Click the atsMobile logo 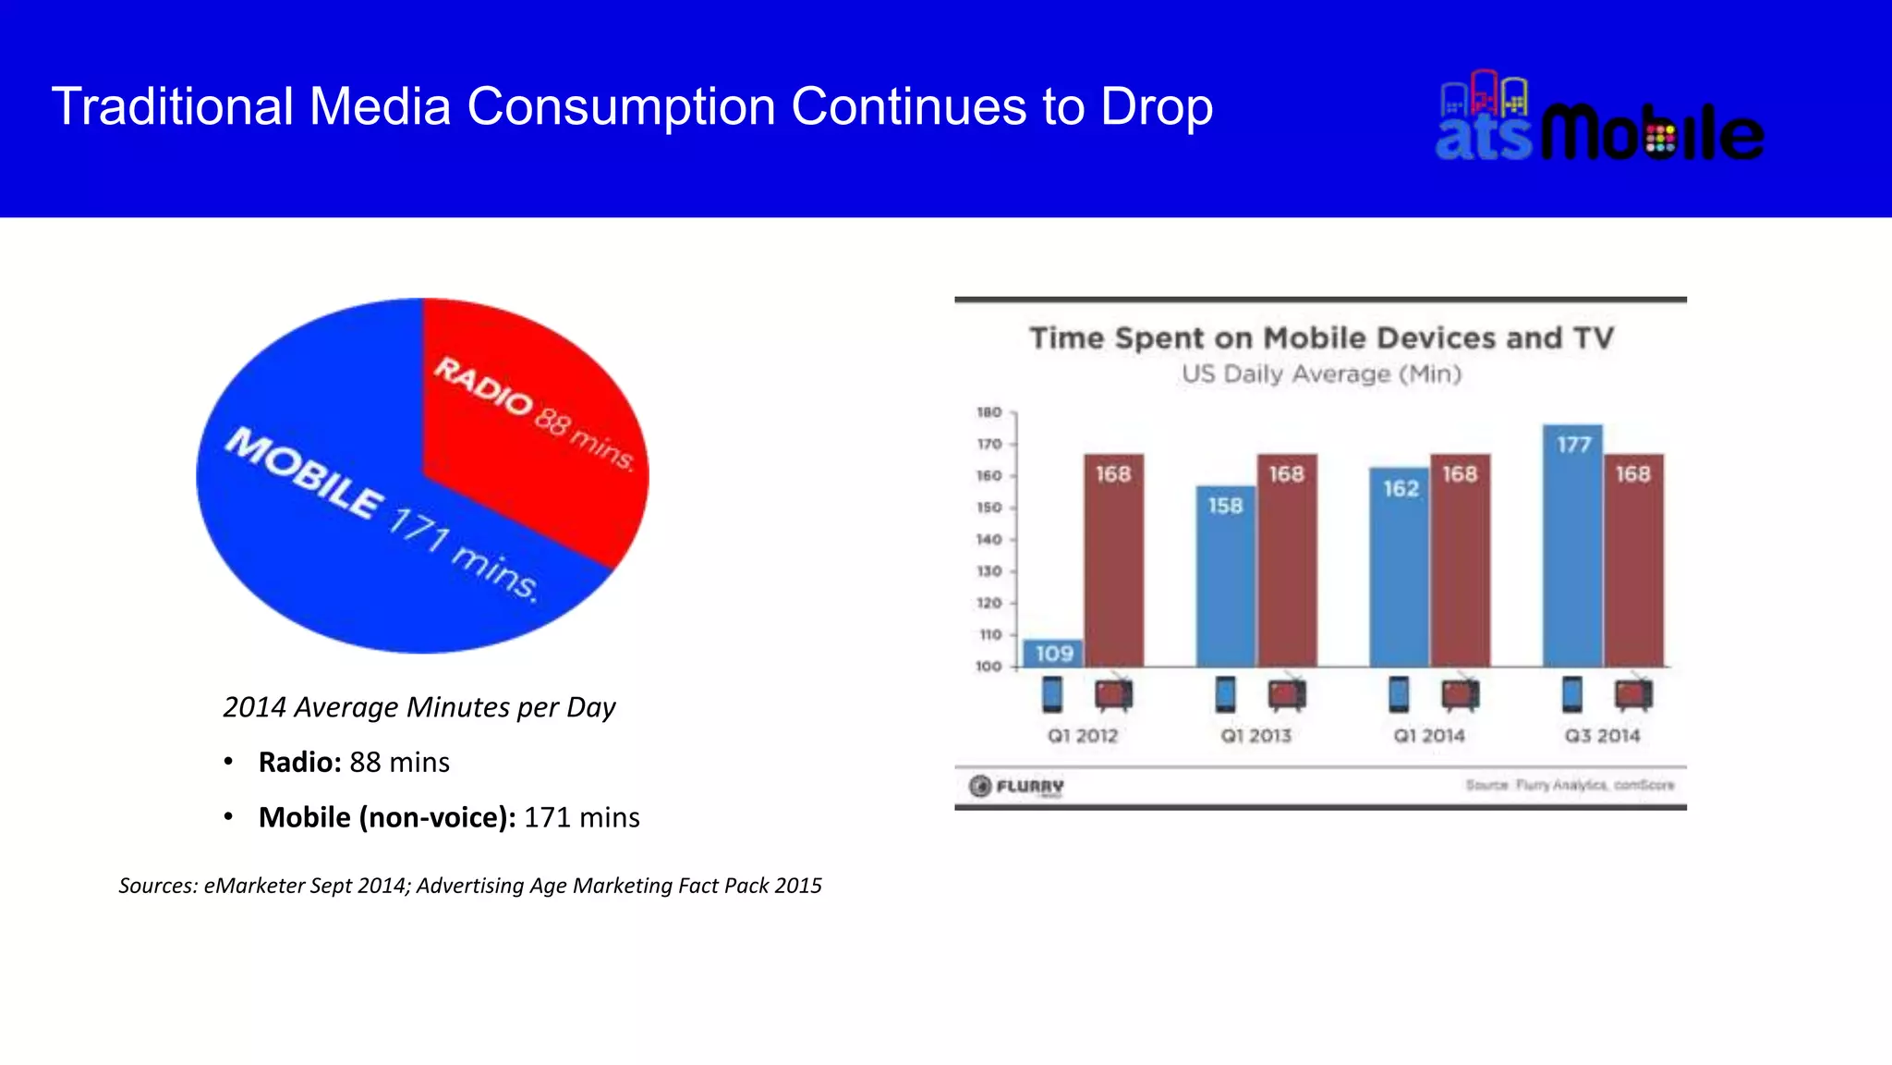(x=1599, y=120)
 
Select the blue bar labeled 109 (x=1053, y=654)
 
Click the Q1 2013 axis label (x=1255, y=736)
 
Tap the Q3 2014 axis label (x=1602, y=736)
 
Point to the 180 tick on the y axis (x=989, y=412)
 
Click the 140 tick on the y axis (x=989, y=540)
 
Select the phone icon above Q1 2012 (x=1052, y=694)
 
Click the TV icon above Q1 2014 (x=1461, y=694)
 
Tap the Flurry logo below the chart (x=1016, y=787)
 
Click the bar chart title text (x=1321, y=338)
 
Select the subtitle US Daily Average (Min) (x=1321, y=374)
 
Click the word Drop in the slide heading (x=1157, y=107)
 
